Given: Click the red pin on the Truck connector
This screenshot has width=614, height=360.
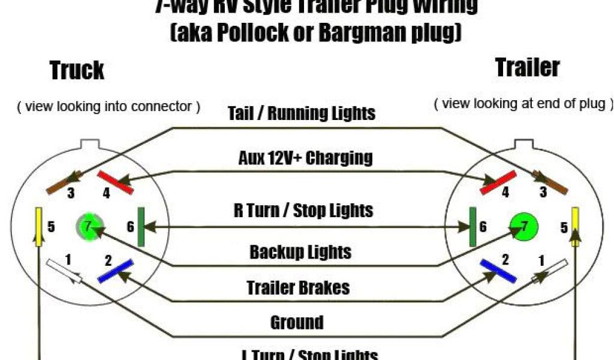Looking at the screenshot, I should tap(116, 182).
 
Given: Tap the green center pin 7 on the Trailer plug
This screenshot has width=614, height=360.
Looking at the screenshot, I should tap(524, 227).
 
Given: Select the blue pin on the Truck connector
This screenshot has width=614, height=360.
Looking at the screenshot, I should tap(115, 271).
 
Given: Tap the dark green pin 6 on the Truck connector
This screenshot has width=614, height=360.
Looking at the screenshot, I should tap(142, 227).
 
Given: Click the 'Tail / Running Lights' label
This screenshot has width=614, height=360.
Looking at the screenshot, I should tap(302, 113).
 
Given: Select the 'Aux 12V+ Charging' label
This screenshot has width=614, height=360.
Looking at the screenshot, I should tap(305, 158).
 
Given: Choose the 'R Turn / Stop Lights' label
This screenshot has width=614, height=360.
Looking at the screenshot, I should tap(303, 211).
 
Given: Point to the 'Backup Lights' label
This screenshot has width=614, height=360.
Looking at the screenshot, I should tap(300, 252).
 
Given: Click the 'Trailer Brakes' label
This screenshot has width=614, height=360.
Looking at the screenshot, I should tap(298, 288).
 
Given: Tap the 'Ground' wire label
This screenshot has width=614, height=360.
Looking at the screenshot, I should tap(297, 323).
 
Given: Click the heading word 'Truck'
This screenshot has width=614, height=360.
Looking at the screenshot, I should tap(77, 70).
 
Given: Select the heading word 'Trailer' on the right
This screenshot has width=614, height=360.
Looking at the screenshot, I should tap(528, 67).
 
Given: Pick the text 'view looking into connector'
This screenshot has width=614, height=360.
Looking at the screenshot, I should tap(109, 107).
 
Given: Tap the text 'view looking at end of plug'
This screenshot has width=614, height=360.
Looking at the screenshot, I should tap(523, 103).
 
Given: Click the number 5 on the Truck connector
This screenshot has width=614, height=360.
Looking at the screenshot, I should tap(51, 227).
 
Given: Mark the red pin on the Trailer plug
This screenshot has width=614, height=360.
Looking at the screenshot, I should tap(498, 182).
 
